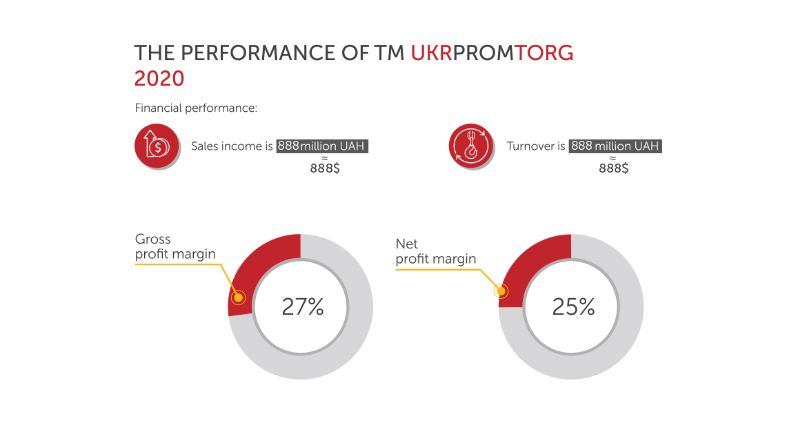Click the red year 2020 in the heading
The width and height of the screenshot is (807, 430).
click(159, 79)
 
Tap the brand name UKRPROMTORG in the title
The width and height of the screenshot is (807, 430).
click(492, 53)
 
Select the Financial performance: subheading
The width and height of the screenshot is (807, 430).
click(196, 108)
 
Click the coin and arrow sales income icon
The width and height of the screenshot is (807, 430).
click(157, 146)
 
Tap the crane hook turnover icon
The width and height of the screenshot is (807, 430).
click(470, 146)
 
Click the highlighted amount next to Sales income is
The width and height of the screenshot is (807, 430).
click(322, 146)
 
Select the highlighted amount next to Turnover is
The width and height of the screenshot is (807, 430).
click(615, 146)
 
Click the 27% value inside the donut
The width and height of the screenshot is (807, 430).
click(303, 307)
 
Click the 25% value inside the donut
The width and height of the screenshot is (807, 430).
click(573, 307)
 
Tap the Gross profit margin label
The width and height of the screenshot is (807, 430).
click(175, 246)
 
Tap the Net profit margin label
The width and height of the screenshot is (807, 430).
click(435, 251)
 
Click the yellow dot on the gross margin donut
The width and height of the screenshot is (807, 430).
click(238, 297)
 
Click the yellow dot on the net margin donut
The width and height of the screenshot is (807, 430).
click(501, 291)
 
